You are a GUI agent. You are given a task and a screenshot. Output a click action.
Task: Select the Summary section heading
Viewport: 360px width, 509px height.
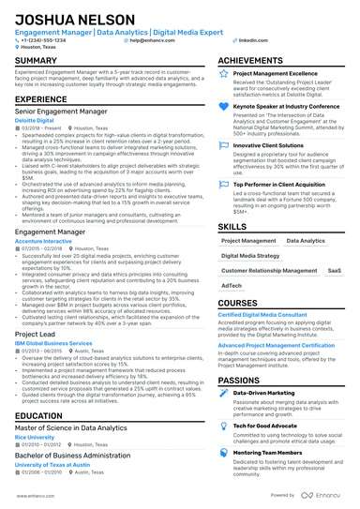coord(37,60)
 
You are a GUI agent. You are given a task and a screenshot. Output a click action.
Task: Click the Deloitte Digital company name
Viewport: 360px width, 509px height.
coord(37,120)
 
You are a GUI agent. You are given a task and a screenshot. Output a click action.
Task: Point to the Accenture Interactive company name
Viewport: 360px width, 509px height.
coord(44,240)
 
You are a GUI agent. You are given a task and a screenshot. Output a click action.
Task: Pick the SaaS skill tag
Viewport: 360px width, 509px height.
coord(335,270)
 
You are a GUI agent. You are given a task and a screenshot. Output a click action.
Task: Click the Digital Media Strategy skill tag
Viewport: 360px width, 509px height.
coord(250,255)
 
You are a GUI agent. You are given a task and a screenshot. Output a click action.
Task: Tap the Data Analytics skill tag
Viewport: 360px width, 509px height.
coord(306,241)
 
